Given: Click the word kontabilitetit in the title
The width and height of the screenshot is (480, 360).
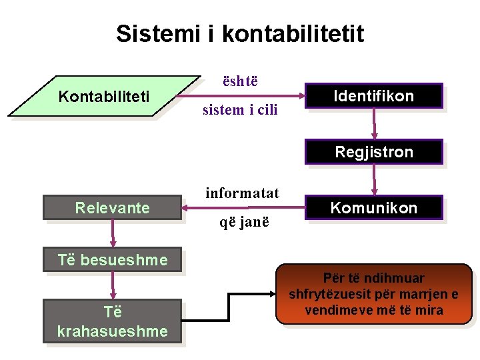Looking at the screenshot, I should click(x=293, y=33).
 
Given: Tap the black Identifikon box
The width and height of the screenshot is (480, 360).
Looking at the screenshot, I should click(x=374, y=96).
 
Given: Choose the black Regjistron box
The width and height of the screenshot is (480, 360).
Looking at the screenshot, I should click(x=374, y=152).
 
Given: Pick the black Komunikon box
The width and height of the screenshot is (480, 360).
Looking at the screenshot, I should click(x=374, y=208).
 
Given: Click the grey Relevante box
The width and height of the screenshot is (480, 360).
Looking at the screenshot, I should click(x=112, y=208).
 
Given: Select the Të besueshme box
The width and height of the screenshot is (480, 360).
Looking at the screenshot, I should click(x=112, y=260).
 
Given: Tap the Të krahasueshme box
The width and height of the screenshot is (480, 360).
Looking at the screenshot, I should click(x=112, y=321).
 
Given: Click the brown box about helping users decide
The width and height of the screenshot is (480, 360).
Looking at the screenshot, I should click(x=373, y=295).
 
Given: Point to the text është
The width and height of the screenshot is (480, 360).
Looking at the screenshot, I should click(x=240, y=81).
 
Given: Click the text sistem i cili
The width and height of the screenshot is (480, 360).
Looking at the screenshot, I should click(x=240, y=110).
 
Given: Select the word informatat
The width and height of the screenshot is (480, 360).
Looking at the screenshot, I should click(x=242, y=193).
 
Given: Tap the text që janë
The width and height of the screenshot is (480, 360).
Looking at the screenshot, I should click(x=245, y=222).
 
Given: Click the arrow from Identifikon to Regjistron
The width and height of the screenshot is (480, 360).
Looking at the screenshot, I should click(x=374, y=123).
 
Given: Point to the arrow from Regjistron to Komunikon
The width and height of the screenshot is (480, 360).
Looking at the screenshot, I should click(x=374, y=179).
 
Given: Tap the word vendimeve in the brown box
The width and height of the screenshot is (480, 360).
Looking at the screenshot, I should click(x=333, y=310).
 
